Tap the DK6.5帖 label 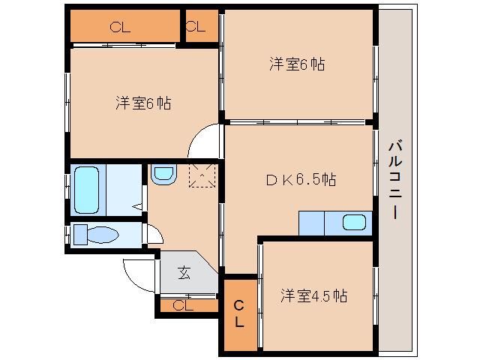[x=301, y=180]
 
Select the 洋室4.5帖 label [x=314, y=295]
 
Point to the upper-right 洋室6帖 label [x=297, y=64]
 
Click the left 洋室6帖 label [x=143, y=103]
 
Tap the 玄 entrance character [x=184, y=273]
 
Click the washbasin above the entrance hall [x=163, y=175]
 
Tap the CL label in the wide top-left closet [x=120, y=28]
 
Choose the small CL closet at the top [x=196, y=28]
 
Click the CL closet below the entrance [x=184, y=305]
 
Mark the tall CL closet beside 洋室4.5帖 [x=238, y=313]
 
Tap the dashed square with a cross [x=202, y=176]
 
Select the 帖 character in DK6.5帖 [x=328, y=180]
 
